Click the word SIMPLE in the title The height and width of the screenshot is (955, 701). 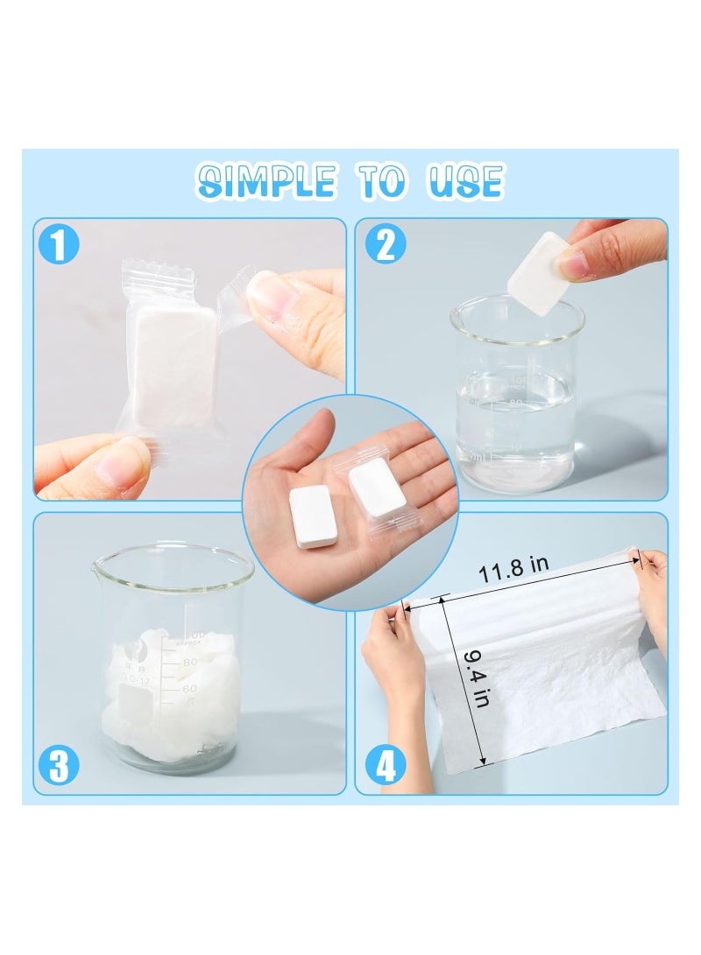click(x=266, y=181)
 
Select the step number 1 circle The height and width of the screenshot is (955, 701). click(x=59, y=244)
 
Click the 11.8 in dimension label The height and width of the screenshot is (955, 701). click(x=513, y=570)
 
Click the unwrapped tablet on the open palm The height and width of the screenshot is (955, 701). click(x=313, y=516)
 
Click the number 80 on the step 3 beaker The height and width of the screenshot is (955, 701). click(x=191, y=663)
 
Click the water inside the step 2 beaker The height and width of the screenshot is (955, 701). click(x=514, y=429)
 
